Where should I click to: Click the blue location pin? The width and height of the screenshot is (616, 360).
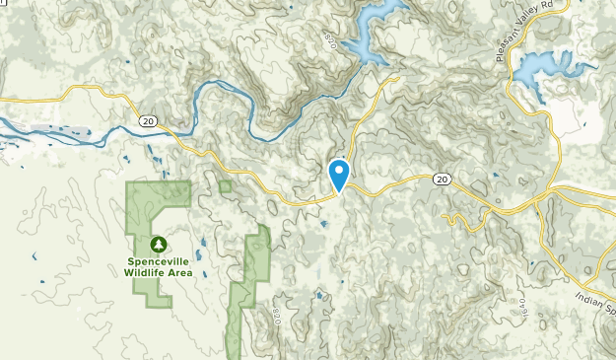click(339, 175)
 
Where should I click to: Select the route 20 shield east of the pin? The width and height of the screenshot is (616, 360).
click(442, 179)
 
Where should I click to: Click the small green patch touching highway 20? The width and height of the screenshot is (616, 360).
click(226, 185)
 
